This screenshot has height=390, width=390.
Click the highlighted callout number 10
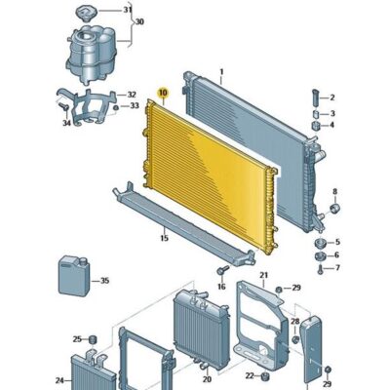pyautogui.click(x=163, y=93)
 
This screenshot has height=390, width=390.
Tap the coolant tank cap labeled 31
pyautogui.click(x=87, y=14)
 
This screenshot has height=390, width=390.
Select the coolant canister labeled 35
pyautogui.click(x=74, y=276)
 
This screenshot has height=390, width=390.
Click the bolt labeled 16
pyautogui.click(x=223, y=270)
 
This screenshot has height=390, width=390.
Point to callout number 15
pyautogui.click(x=165, y=238)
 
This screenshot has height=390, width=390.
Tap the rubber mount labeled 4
pyautogui.click(x=316, y=126)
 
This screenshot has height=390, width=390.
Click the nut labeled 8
pyautogui.click(x=334, y=208)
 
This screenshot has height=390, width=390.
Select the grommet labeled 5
pyautogui.click(x=320, y=243)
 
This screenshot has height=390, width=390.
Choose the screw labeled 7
pyautogui.click(x=321, y=269)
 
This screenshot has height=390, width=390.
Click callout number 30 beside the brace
pyautogui.click(x=139, y=22)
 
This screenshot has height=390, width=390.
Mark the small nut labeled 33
pyautogui.click(x=116, y=108)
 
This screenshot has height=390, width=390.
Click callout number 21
pyautogui.click(x=263, y=275)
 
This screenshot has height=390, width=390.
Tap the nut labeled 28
pyautogui.click(x=295, y=339)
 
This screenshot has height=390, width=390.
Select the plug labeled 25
pyautogui.click(x=94, y=339)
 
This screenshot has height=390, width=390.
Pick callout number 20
pyautogui.click(x=207, y=379)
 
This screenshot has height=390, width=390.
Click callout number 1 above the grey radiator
pyautogui.click(x=221, y=71)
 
